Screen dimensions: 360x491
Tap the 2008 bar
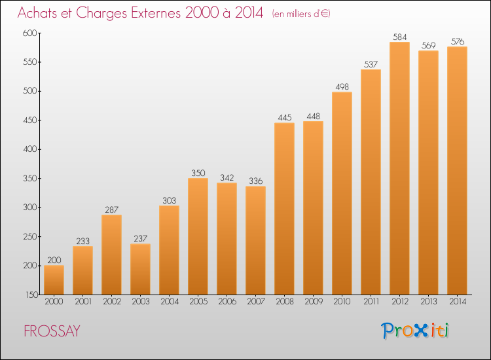(x=284, y=209)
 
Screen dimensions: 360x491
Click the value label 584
(x=399, y=37)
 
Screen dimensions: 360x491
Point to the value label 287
(x=111, y=209)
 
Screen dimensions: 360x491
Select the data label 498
(x=342, y=86)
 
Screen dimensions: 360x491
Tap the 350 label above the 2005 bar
(x=198, y=173)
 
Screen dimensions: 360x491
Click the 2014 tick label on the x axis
(x=457, y=302)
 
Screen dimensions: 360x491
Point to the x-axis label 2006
(x=227, y=302)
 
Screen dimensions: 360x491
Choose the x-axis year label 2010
(x=342, y=302)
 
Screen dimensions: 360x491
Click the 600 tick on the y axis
(x=30, y=33)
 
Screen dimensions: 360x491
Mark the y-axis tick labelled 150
(x=30, y=295)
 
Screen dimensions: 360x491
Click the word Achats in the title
(x=39, y=13)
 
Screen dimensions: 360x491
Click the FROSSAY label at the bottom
(x=52, y=331)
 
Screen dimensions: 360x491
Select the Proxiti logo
(x=416, y=331)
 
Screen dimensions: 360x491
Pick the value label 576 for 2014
(x=457, y=41)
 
